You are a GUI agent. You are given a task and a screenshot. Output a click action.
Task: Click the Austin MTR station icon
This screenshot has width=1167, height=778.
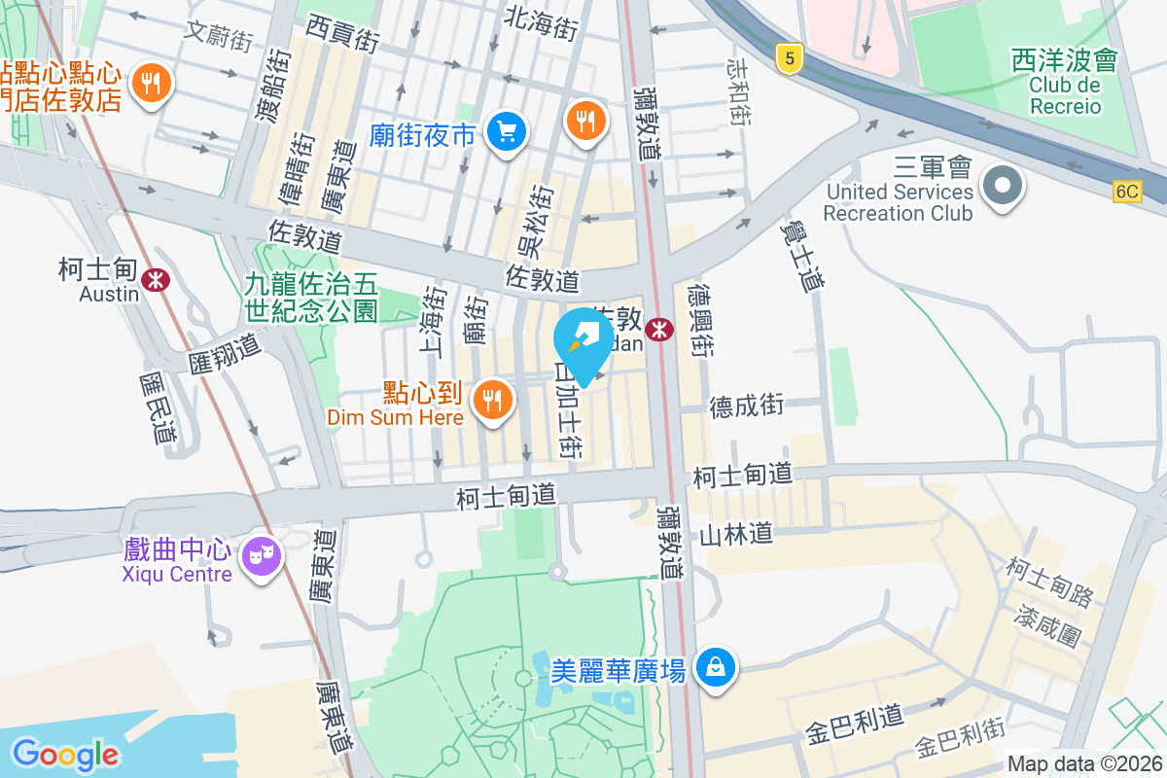[154, 280]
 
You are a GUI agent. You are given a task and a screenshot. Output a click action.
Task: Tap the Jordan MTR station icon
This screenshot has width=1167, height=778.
[659, 330]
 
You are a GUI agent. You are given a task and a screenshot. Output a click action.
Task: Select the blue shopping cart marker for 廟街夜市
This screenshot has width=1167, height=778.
[506, 131]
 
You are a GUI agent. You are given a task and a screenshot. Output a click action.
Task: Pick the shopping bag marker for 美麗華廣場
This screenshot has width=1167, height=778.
[716, 668]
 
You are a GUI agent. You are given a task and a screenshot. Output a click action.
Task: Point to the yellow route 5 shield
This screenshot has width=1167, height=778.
[789, 59]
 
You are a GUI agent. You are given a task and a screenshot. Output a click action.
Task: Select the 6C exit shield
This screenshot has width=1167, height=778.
[1126, 192]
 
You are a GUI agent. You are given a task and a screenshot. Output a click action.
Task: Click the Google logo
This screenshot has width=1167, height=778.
[65, 754]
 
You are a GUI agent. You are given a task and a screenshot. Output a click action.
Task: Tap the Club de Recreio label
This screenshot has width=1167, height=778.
[1065, 95]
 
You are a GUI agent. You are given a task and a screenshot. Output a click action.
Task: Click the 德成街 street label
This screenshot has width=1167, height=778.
[746, 406]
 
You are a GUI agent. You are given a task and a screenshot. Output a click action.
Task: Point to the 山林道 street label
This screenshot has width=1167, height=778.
[736, 533]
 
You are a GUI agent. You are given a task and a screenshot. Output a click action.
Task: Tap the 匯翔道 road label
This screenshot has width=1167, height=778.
[226, 354]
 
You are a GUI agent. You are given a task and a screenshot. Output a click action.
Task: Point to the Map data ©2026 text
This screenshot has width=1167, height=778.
[1084, 763]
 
